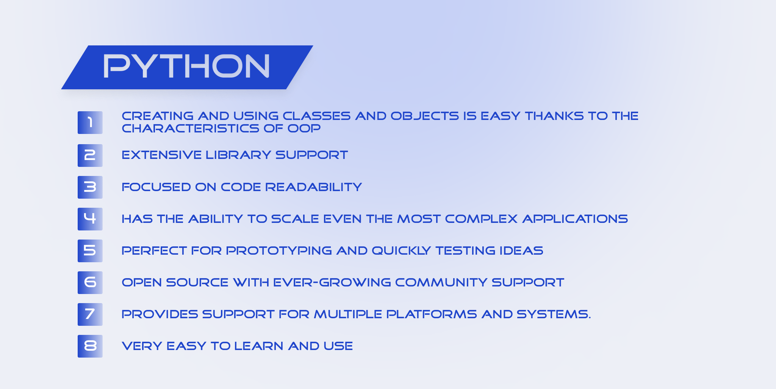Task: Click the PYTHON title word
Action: pyautogui.click(x=186, y=66)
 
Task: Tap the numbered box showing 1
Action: pyautogui.click(x=90, y=123)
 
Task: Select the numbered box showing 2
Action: pyautogui.click(x=90, y=155)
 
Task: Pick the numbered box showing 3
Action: pyautogui.click(x=90, y=187)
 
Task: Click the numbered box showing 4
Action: pyautogui.click(x=90, y=219)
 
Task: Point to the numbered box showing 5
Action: pyautogui.click(x=90, y=251)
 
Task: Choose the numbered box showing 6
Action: pyautogui.click(x=90, y=282)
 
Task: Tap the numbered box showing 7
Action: pyautogui.click(x=90, y=314)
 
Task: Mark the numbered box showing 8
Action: pyautogui.click(x=90, y=346)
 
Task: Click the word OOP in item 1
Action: pyautogui.click(x=304, y=128)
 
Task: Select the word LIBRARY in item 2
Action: pyautogui.click(x=238, y=155)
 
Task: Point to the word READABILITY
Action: pyautogui.click(x=313, y=187)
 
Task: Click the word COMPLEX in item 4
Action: pyautogui.click(x=481, y=219)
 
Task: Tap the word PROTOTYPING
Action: pyautogui.click(x=279, y=251)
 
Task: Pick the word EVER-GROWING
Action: pyautogui.click(x=332, y=282)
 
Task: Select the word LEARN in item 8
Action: pyautogui.click(x=258, y=346)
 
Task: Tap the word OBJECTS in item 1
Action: pyautogui.click(x=424, y=116)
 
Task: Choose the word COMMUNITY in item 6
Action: pyautogui.click(x=441, y=282)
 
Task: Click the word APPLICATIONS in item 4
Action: pyautogui.click(x=575, y=219)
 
